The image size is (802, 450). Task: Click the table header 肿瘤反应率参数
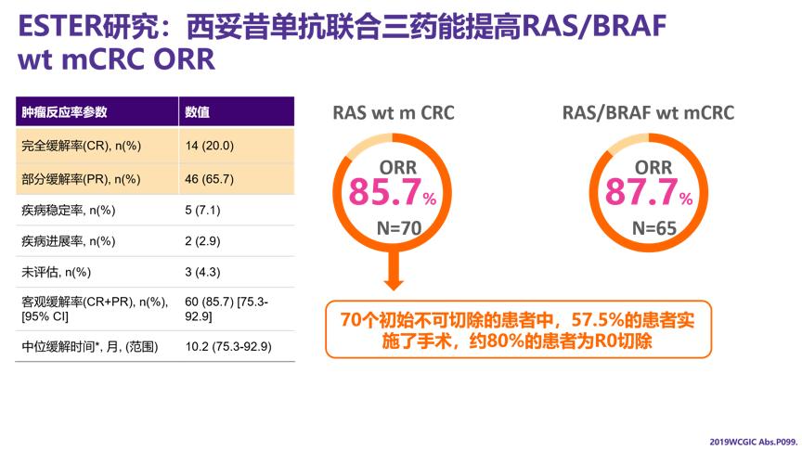tap(65, 112)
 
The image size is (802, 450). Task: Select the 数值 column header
tap(197, 112)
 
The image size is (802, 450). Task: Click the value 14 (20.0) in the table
tap(210, 146)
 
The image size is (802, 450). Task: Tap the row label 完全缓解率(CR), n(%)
tap(81, 146)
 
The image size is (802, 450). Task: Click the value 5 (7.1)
tap(202, 211)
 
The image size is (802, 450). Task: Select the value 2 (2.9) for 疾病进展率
tap(202, 241)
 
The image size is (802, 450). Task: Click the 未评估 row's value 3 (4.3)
tap(202, 273)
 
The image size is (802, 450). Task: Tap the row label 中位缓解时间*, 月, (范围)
tap(90, 347)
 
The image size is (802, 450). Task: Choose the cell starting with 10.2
tap(226, 347)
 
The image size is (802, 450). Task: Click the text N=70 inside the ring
tap(395, 227)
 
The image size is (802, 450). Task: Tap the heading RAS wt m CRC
tap(394, 113)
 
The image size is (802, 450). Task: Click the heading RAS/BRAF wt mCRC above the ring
tap(648, 113)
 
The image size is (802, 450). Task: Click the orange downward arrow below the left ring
tap(394, 276)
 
